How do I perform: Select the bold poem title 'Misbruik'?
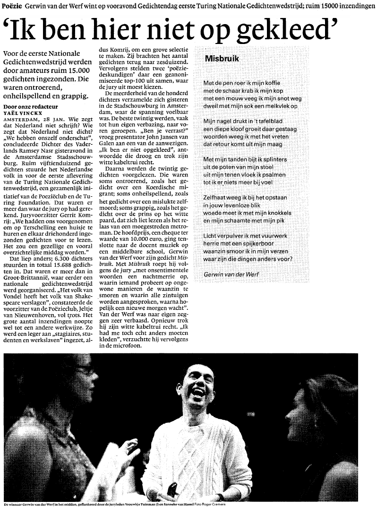(222, 59)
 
